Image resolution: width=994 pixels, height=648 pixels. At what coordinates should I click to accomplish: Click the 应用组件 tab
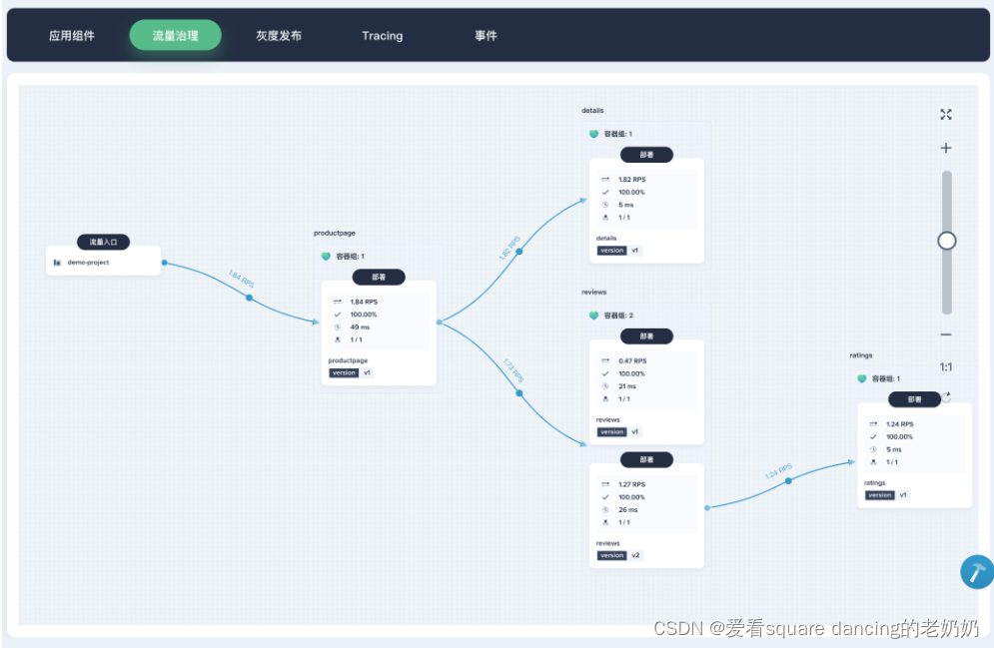(x=72, y=36)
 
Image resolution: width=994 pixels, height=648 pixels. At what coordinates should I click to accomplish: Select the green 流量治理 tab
(x=175, y=36)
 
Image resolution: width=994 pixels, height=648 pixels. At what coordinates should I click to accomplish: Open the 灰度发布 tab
(x=279, y=36)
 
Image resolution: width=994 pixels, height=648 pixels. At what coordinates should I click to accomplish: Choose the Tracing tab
(x=383, y=36)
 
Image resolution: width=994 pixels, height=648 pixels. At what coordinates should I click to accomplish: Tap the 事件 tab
(x=486, y=36)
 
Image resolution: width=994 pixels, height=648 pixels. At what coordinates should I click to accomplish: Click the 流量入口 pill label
(x=103, y=242)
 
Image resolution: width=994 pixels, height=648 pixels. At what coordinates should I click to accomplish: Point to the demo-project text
(x=89, y=263)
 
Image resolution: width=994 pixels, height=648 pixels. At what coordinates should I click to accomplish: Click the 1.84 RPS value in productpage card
(x=364, y=302)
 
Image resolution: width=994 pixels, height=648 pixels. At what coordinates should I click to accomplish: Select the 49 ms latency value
(x=360, y=326)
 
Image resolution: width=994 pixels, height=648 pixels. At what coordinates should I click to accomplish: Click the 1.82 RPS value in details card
(x=631, y=180)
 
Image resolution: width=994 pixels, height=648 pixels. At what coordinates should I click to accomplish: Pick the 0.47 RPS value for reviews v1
(x=632, y=361)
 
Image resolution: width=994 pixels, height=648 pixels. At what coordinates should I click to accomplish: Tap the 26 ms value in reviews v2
(x=627, y=509)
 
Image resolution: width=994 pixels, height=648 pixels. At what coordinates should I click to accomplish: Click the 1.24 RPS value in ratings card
(x=900, y=424)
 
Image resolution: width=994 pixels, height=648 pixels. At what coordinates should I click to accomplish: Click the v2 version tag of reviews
(x=635, y=555)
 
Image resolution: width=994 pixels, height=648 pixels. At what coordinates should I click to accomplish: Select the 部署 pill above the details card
(x=646, y=155)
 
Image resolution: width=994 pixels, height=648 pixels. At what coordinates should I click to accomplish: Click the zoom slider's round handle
(x=947, y=241)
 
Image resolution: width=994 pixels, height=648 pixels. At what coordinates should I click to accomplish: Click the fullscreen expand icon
(x=946, y=115)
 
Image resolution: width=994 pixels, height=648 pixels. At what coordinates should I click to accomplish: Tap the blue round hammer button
(x=976, y=572)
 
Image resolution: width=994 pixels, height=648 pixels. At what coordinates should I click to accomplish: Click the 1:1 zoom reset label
(x=946, y=366)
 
